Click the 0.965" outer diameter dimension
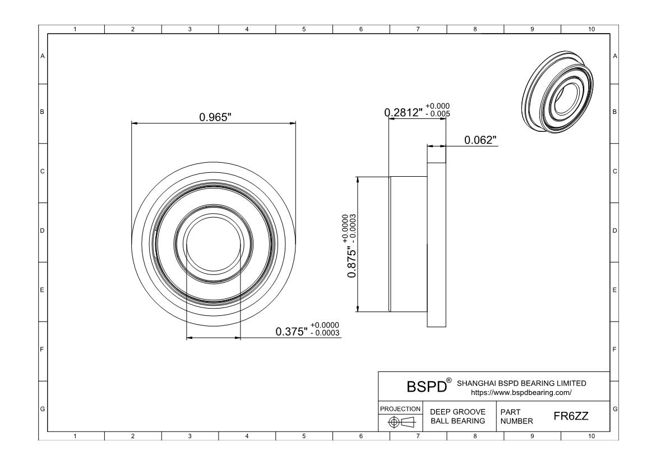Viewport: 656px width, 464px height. pos(215,117)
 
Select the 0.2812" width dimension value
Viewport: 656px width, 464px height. pos(403,112)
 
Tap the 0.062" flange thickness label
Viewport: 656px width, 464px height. pos(481,140)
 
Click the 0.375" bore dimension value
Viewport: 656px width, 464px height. pos(292,332)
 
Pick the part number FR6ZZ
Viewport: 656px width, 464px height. pos(571,416)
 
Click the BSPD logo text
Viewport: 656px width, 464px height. pos(427,387)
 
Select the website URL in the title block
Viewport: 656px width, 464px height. pos(521,393)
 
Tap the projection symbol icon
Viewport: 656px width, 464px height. pos(401,422)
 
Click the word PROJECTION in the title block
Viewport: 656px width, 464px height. pos(400,408)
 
